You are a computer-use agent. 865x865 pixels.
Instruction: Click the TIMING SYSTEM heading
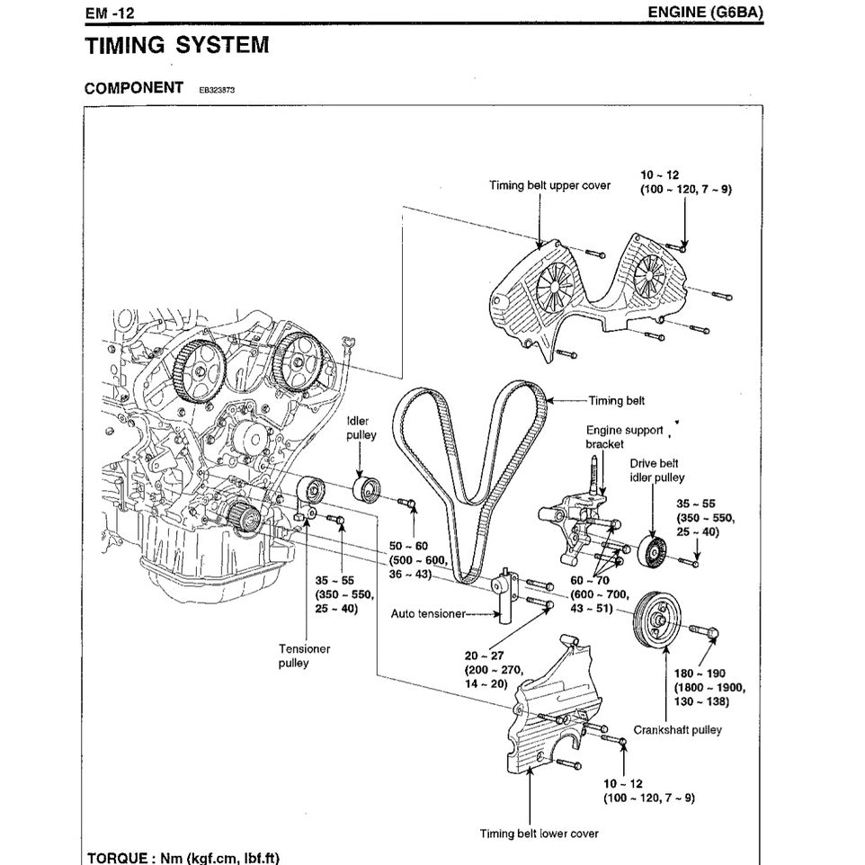176,46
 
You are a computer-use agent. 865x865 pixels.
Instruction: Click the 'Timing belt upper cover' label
549,185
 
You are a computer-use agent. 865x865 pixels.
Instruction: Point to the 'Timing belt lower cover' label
539,834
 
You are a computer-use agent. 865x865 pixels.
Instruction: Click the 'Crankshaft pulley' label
676,730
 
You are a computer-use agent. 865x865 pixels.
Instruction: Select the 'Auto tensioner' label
428,614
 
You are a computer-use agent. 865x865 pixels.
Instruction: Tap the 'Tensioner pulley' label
304,655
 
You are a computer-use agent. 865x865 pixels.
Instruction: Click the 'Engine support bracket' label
624,437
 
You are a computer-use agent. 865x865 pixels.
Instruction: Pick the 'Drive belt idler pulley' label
656,470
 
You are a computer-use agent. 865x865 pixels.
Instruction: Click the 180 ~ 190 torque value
706,673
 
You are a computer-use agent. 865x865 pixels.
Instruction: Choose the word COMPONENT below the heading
134,88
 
